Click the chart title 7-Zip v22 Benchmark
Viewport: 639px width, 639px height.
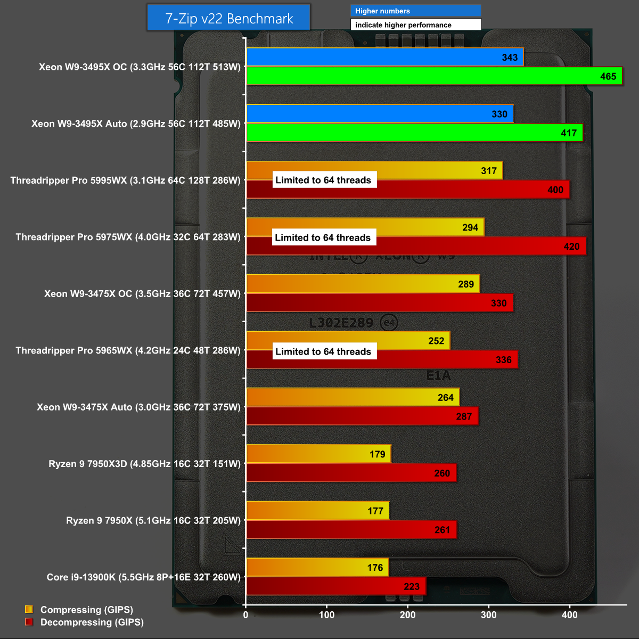(229, 19)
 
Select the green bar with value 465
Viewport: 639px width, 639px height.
(434, 76)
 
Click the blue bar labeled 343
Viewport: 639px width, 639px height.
(384, 57)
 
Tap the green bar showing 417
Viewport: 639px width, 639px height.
(414, 133)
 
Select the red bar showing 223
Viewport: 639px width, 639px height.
(336, 586)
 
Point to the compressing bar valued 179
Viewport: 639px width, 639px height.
(318, 454)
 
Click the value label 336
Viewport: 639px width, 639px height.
(503, 360)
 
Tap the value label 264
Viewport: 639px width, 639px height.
(445, 397)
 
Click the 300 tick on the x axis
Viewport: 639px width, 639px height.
(488, 615)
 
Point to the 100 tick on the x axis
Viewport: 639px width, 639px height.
(326, 615)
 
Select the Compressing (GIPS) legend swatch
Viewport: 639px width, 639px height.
(29, 610)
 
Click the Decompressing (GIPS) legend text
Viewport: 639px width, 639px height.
(92, 622)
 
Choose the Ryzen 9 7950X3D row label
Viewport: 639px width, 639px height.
(144, 464)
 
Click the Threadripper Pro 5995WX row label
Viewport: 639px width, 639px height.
(125, 181)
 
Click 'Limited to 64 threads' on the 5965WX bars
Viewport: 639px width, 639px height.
(323, 351)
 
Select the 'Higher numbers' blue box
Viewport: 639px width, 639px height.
(415, 11)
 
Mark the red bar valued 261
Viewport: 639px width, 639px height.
(351, 530)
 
